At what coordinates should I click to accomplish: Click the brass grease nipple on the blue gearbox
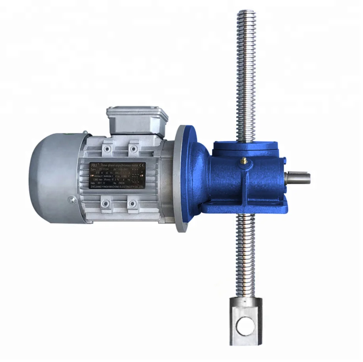point(244,160)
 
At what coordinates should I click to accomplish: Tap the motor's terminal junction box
point(137,119)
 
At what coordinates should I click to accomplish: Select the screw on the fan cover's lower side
point(71,200)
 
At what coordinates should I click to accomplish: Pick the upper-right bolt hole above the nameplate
point(134,148)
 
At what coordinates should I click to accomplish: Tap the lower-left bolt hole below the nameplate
point(105,203)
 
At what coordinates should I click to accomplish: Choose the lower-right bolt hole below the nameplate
point(133,203)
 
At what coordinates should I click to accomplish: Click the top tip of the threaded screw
point(246,14)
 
